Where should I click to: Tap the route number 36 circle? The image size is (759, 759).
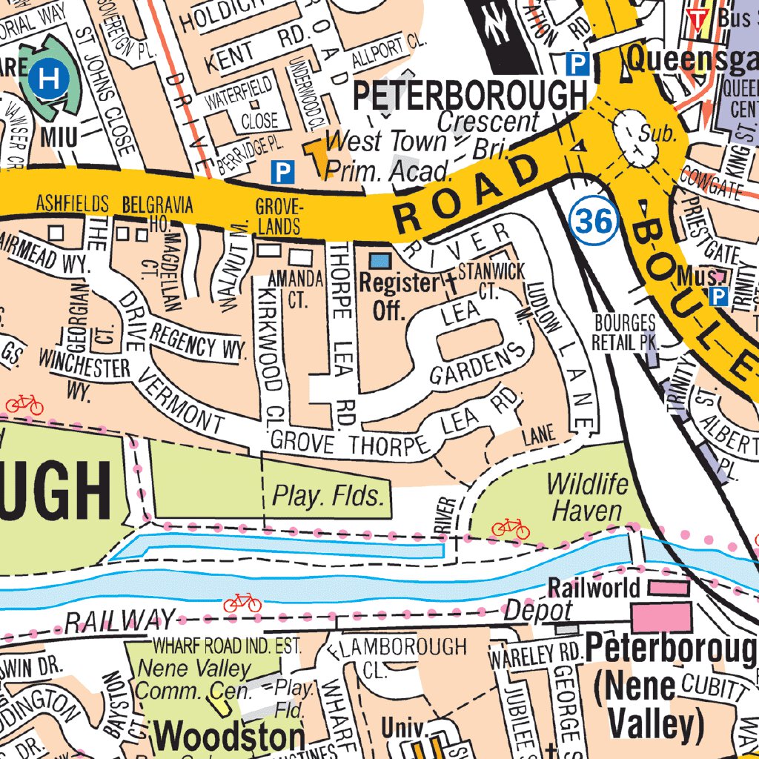click(594, 221)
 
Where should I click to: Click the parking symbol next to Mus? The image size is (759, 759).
click(717, 297)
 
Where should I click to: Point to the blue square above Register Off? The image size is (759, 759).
click(379, 260)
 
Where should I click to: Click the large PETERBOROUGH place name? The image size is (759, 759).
click(470, 96)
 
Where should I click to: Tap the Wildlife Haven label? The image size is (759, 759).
click(587, 497)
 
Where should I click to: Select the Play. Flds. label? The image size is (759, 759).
click(329, 496)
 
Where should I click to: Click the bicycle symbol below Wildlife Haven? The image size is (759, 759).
click(511, 528)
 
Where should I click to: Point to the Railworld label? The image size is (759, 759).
click(594, 588)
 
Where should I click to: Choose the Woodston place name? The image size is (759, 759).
click(230, 737)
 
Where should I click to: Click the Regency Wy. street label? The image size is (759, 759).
click(196, 342)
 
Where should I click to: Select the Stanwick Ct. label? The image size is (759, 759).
click(491, 279)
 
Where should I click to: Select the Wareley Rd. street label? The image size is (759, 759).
click(533, 654)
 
